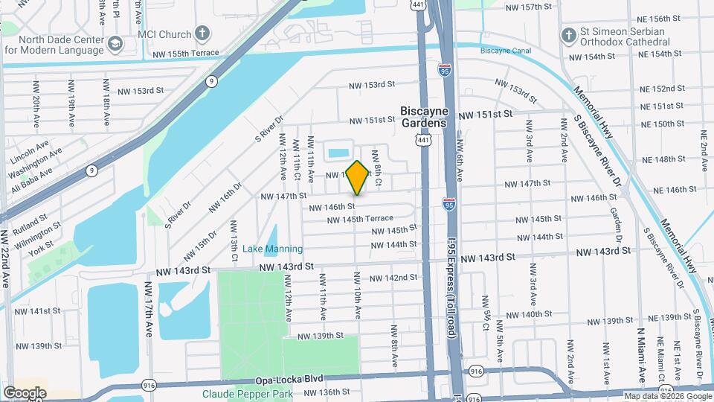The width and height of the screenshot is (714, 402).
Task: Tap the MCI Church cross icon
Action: (202, 33)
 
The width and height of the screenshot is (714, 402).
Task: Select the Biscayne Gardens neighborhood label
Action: (424, 116)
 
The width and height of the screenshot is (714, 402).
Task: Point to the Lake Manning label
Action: (272, 249)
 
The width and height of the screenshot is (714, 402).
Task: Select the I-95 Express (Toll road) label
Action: (451, 290)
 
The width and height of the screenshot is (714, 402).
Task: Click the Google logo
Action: (25, 392)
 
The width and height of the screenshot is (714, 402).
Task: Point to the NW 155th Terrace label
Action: (186, 54)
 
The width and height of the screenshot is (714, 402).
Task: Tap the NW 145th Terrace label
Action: (360, 219)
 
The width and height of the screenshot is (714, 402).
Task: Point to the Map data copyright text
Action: (666, 396)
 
